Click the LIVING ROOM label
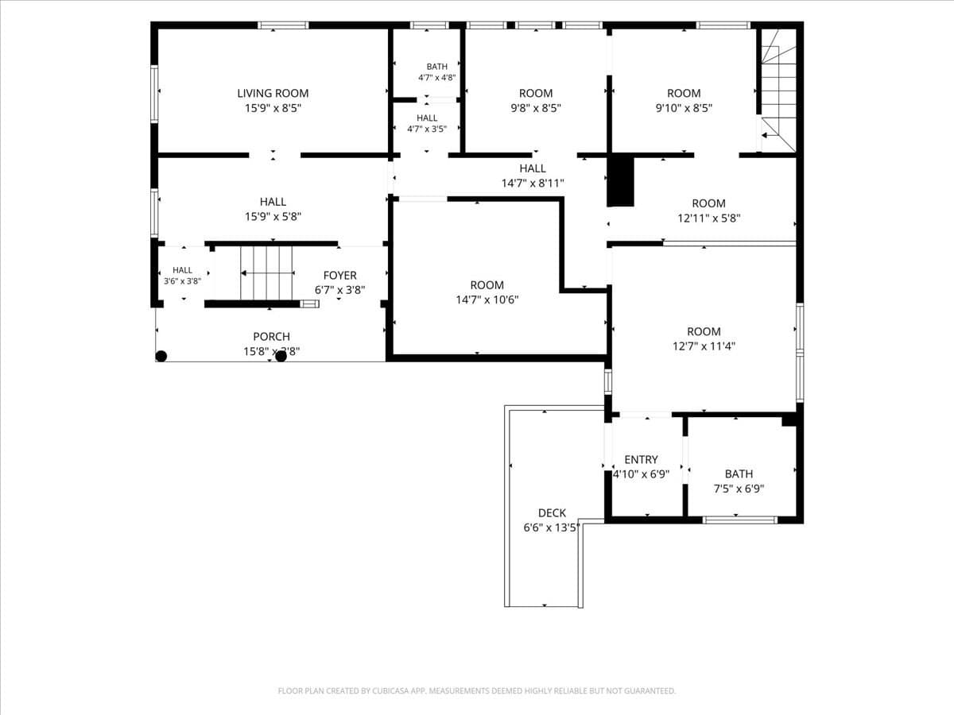tap(273, 93)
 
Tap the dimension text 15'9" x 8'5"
tap(273, 108)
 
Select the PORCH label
tap(272, 336)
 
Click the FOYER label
tap(340, 275)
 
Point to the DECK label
tap(552, 512)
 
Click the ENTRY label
tap(641, 459)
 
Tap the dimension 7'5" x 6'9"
tap(739, 489)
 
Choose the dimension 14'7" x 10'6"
tap(487, 300)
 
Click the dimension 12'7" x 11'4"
tap(704, 346)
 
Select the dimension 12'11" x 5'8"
tap(709, 218)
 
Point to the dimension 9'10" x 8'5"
tap(684, 108)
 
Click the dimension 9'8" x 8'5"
tap(536, 108)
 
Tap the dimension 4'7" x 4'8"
tap(436, 78)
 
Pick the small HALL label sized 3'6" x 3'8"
tap(182, 270)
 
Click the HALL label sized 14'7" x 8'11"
tap(533, 168)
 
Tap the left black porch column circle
tap(161, 356)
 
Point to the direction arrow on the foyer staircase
tap(267, 273)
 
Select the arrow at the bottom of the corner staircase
tap(770, 135)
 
